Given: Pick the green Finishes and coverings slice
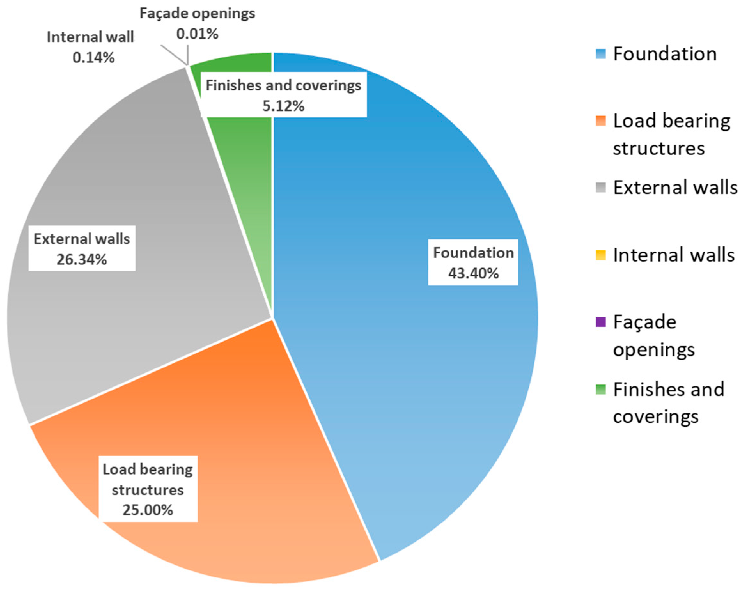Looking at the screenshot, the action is pyautogui.click(x=240, y=144).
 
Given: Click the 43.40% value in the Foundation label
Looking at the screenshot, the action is pyautogui.click(x=473, y=274).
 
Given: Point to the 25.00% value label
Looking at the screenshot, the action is pyautogui.click(x=148, y=510).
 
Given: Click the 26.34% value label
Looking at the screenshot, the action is pyautogui.click(x=82, y=260).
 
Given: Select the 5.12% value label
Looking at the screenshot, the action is pyautogui.click(x=284, y=106).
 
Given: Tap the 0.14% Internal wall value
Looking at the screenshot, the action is pyautogui.click(x=93, y=58).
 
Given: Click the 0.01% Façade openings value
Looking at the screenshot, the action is pyautogui.click(x=197, y=34).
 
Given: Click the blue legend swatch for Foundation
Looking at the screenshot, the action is pyautogui.click(x=601, y=54).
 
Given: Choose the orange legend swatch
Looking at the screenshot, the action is pyautogui.click(x=601, y=121).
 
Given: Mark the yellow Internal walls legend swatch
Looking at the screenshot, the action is pyautogui.click(x=601, y=255).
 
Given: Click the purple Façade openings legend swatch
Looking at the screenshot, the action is pyautogui.click(x=601, y=322).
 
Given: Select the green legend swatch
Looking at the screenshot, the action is pyautogui.click(x=601, y=390).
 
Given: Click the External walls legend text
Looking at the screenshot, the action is pyautogui.click(x=675, y=188).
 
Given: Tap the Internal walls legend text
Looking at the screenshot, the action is pyautogui.click(x=674, y=255).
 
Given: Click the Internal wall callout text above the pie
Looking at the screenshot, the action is pyautogui.click(x=90, y=37).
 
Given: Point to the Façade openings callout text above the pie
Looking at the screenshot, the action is pyautogui.click(x=197, y=14).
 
